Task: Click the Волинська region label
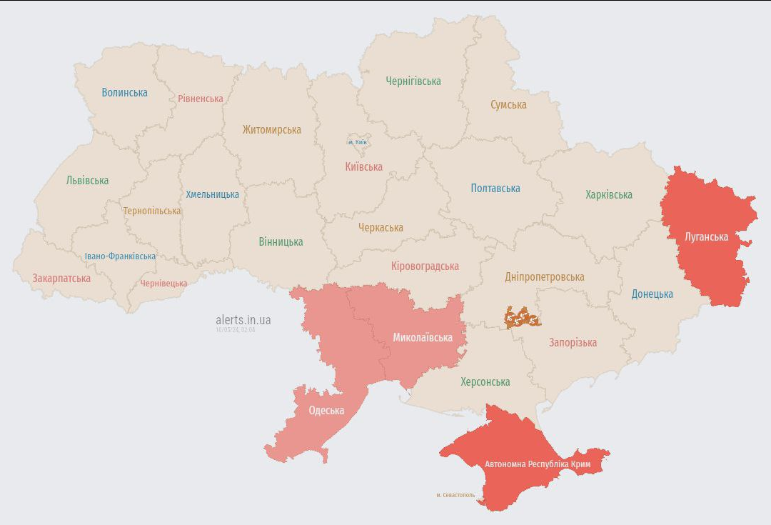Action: [124, 92]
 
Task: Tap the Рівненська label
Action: [201, 99]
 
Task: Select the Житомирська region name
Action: [271, 129]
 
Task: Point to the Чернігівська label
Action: [413, 81]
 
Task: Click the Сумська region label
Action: [508, 104]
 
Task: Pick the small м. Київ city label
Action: [358, 142]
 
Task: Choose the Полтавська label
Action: [495, 188]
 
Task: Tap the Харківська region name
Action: [608, 194]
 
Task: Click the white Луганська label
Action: [706, 236]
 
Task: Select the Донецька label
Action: [652, 294]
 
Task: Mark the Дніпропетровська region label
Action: [544, 276]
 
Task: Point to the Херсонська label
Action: [485, 381]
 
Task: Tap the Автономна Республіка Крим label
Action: [538, 464]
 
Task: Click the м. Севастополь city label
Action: [455, 494]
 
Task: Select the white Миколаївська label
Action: [423, 337]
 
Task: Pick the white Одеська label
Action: [326, 410]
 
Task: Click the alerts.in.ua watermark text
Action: [243, 320]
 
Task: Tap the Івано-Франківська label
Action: [120, 256]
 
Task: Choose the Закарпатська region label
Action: [61, 278]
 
